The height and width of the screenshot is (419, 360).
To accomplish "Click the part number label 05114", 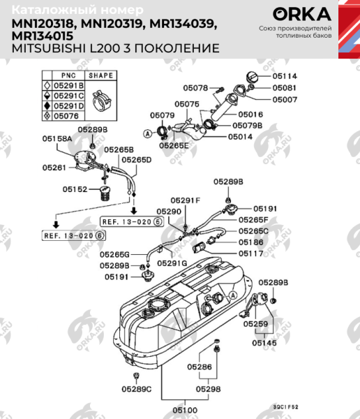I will pos(285,75).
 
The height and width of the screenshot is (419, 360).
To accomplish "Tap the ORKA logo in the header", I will pos(302,14).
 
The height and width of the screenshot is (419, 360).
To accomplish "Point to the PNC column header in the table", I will pos(68,75).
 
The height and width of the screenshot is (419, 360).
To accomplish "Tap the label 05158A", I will pos(57,139).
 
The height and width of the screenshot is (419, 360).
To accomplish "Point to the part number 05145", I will pos(264,343).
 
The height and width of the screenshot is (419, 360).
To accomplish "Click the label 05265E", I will pos(173,145).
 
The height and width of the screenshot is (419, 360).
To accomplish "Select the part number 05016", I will pos(250,114).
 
